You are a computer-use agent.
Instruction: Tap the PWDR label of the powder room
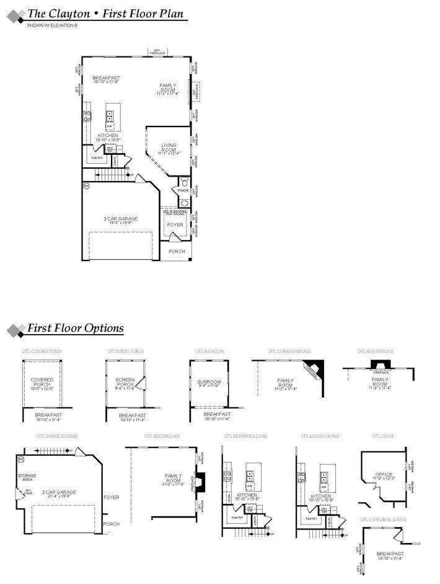pos(183,191)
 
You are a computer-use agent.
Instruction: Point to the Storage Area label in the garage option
pos(27,477)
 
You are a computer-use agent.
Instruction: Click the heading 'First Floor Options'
pos(75,329)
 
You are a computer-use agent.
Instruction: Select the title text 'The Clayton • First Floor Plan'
pos(105,14)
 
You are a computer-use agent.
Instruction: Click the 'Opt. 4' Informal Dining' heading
pos(383,519)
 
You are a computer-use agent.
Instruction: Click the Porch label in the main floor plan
pos(177,252)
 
